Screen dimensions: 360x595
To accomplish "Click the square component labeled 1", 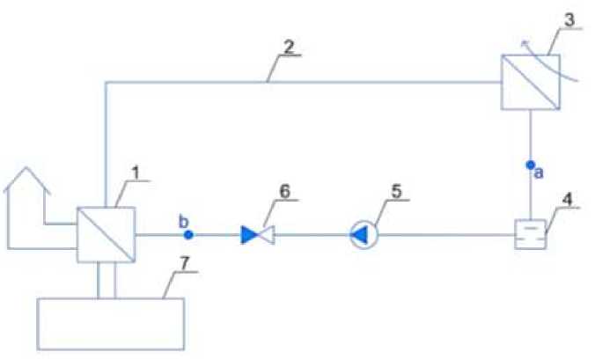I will click(x=106, y=234).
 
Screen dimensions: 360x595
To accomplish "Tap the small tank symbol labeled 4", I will click(x=530, y=235).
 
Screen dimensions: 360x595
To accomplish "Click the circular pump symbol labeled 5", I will click(x=361, y=235).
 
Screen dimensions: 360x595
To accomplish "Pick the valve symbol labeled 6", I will click(x=258, y=235).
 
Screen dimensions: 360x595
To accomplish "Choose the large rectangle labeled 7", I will click(x=110, y=324).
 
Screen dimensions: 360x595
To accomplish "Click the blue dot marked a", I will click(x=531, y=165).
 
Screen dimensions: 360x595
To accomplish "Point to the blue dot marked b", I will click(x=188, y=235).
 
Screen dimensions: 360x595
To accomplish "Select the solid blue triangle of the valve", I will click(x=250, y=235).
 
